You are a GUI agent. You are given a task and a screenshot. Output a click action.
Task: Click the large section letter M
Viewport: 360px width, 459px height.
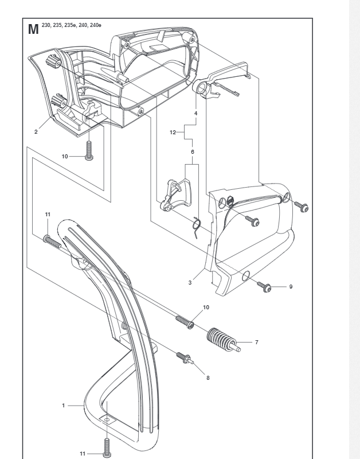[x=33, y=30]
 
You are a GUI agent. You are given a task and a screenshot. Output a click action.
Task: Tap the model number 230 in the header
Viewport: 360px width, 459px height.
[x=46, y=25]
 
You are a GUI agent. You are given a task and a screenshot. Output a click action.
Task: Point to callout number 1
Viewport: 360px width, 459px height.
[x=64, y=406]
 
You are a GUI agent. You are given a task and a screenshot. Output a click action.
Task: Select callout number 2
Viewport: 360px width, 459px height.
[x=36, y=132]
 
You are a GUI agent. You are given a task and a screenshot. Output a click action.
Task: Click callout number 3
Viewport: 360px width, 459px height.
[x=190, y=282]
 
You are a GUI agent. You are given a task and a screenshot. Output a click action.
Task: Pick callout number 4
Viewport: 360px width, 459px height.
[x=195, y=114]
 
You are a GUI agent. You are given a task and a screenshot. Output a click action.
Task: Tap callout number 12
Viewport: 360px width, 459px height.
[x=173, y=133]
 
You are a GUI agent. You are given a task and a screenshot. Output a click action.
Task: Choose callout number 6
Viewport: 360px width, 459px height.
[x=192, y=151]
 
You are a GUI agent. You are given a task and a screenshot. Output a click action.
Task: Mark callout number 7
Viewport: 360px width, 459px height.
[x=256, y=343]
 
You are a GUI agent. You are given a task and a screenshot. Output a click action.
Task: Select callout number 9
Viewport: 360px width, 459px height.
[x=290, y=287]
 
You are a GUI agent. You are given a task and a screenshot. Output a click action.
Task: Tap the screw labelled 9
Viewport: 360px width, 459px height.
[x=266, y=286]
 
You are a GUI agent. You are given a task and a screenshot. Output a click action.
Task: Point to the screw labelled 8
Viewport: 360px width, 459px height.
[x=185, y=358]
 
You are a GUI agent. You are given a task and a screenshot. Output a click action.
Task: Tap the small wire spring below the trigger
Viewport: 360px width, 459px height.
[x=195, y=226]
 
